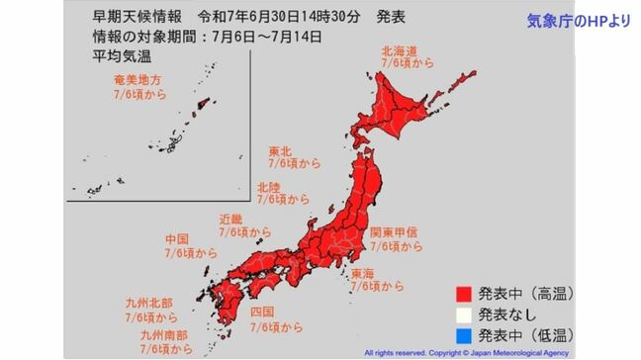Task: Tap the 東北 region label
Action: tap(279, 152)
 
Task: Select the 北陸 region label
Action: tap(268, 185)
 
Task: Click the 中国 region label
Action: tap(177, 239)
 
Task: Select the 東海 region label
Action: tap(362, 272)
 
